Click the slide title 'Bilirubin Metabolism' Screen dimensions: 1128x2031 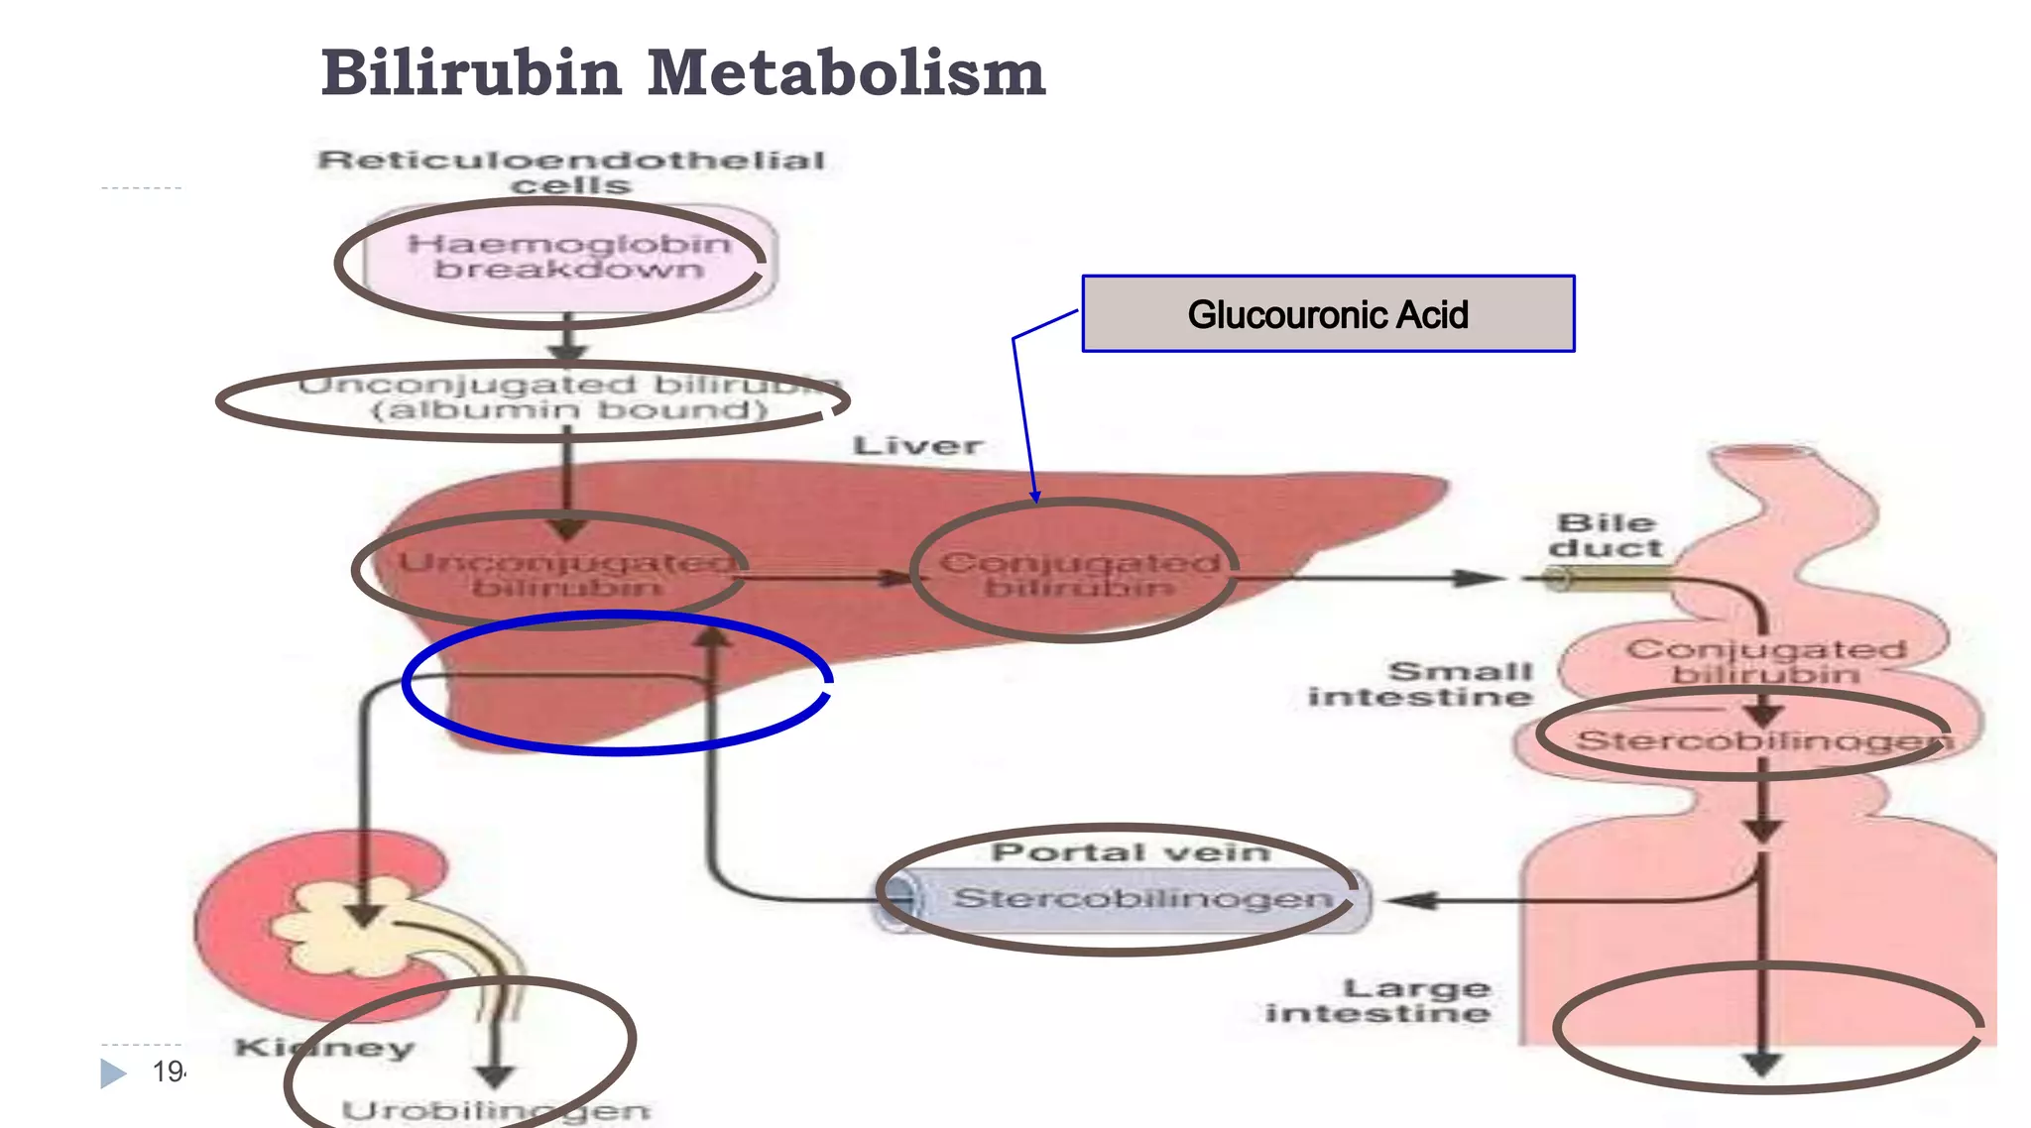click(x=682, y=73)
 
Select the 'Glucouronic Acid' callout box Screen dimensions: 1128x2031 click(x=1327, y=314)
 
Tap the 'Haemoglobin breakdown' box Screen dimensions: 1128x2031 click(x=568, y=258)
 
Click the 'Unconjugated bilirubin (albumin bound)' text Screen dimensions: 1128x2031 click(x=569, y=397)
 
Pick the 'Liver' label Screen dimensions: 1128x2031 click(x=917, y=446)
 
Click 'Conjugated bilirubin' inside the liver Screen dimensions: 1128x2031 click(x=1079, y=575)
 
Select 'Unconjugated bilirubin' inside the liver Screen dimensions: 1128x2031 click(x=565, y=575)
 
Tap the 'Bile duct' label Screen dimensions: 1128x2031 click(x=1606, y=535)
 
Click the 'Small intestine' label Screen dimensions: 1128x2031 click(x=1421, y=684)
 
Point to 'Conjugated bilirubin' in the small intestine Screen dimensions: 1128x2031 click(x=1765, y=661)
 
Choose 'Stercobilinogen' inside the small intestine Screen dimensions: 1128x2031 click(x=1761, y=740)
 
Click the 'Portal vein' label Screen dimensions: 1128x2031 click(x=1131, y=852)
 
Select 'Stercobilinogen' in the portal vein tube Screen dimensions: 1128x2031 click(x=1142, y=898)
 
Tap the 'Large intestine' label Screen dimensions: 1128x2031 click(x=1378, y=1000)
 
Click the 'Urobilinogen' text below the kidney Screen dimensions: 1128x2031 click(x=496, y=1110)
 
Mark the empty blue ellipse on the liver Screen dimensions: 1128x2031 click(x=617, y=684)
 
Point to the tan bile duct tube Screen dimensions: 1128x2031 click(x=1607, y=578)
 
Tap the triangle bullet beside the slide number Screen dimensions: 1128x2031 click(x=113, y=1072)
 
